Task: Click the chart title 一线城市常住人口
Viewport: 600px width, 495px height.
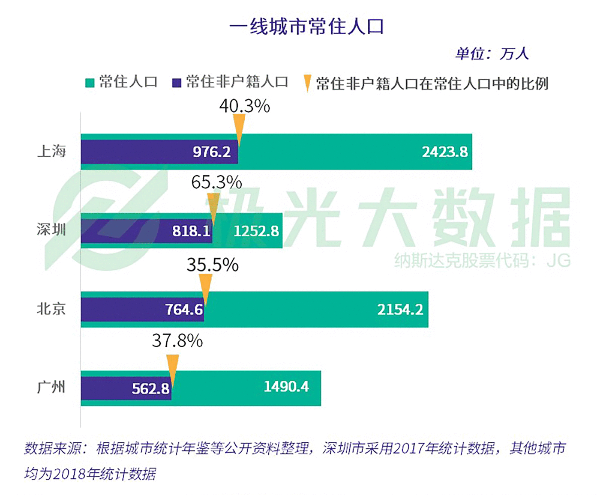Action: (x=306, y=27)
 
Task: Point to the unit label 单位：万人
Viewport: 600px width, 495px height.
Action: (x=492, y=54)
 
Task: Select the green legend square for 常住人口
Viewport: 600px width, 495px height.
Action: (x=90, y=83)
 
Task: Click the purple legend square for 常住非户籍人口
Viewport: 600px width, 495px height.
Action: (x=177, y=83)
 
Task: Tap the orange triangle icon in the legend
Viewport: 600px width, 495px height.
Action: (x=307, y=83)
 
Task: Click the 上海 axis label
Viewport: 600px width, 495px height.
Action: (x=51, y=151)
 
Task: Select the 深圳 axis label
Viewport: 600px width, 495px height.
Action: (x=51, y=230)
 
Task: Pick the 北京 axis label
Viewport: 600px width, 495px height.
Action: (x=51, y=309)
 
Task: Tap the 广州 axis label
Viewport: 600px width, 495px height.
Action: (x=51, y=387)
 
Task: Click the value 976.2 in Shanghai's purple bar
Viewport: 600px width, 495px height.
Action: (x=212, y=152)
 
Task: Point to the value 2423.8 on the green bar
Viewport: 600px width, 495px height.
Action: (x=444, y=152)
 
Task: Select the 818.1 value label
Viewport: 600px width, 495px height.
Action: (x=191, y=231)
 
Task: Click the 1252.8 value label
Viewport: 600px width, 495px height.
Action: (x=256, y=231)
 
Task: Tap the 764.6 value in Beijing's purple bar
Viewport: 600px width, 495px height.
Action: (x=184, y=310)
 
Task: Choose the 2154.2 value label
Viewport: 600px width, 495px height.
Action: (x=400, y=310)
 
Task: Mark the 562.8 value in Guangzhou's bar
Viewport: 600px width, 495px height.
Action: (x=151, y=389)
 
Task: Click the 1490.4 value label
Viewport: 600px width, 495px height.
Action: (x=286, y=387)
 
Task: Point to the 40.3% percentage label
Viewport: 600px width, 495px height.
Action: (x=245, y=106)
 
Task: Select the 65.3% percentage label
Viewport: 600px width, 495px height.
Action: (x=216, y=182)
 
